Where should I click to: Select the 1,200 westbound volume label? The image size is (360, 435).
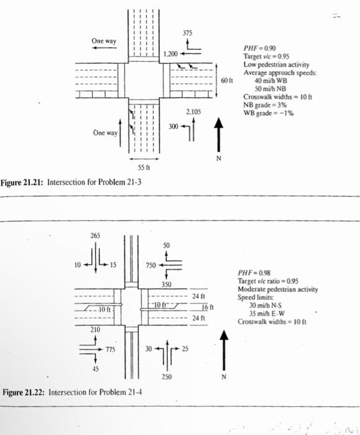click(170, 55)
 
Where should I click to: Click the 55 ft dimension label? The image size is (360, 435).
click(144, 168)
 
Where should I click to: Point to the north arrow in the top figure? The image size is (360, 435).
click(218, 134)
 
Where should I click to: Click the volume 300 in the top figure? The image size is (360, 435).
click(173, 127)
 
